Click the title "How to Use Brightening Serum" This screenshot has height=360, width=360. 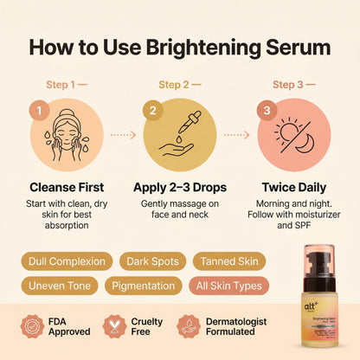180,47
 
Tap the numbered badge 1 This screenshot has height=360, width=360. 38,111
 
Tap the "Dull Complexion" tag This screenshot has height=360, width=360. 66,260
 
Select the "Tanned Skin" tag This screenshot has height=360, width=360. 228,260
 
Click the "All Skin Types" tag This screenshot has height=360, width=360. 229,285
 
